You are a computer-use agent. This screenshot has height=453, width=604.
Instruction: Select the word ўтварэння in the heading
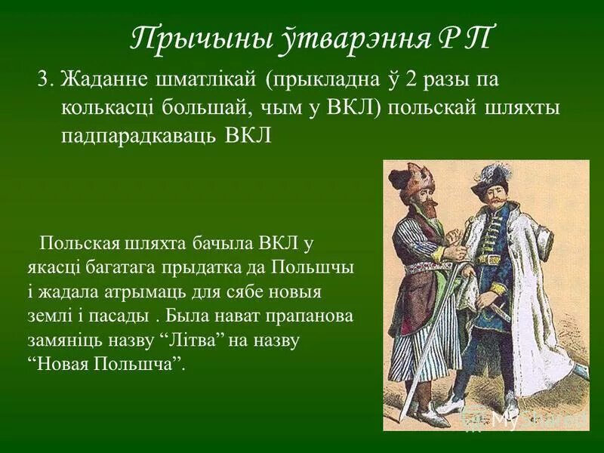(x=335, y=38)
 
